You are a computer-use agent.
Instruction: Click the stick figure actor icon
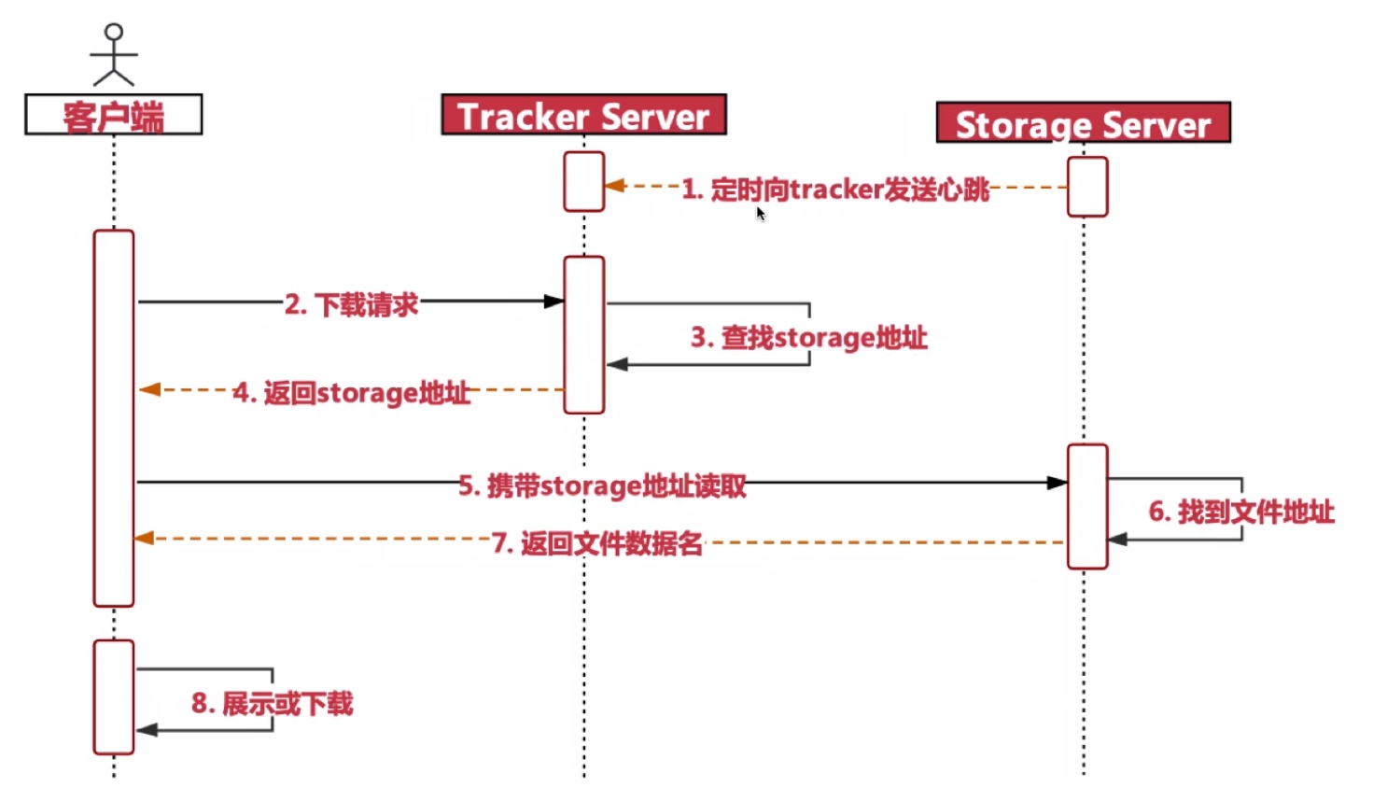coord(114,55)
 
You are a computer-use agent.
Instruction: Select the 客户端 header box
coord(114,115)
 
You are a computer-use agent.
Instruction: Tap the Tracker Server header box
coord(583,116)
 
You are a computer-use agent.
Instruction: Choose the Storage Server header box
coord(1083,123)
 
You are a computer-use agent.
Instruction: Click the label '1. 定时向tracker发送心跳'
coord(835,190)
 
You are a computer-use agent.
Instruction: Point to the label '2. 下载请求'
coord(352,304)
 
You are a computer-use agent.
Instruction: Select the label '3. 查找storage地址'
coord(808,337)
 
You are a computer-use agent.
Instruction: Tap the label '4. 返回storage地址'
coord(352,392)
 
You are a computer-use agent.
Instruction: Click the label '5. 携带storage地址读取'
coord(602,485)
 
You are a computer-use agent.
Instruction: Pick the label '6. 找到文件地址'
coord(1241,512)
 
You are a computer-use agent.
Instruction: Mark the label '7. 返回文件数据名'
coord(597,542)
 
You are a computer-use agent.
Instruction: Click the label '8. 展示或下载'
coord(273,703)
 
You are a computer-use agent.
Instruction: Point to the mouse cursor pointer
coord(761,214)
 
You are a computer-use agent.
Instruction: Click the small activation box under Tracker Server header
coord(584,182)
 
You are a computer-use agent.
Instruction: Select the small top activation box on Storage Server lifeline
coord(1087,187)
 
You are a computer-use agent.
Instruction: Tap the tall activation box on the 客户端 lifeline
coord(114,418)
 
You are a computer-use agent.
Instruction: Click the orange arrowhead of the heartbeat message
coord(615,186)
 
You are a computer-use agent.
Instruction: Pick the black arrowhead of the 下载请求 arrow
coord(553,302)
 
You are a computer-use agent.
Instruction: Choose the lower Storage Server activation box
coord(1087,507)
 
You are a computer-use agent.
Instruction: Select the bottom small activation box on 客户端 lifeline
coord(114,697)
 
